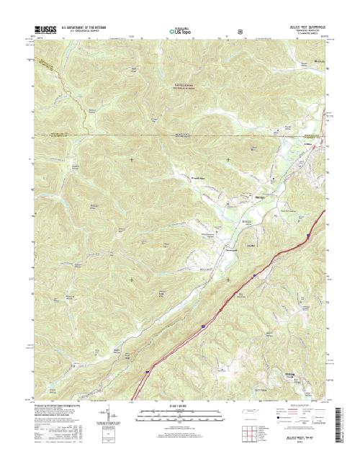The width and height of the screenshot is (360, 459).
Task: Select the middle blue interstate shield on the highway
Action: [x=204, y=326]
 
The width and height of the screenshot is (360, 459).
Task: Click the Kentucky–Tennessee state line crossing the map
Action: [x=180, y=135]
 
